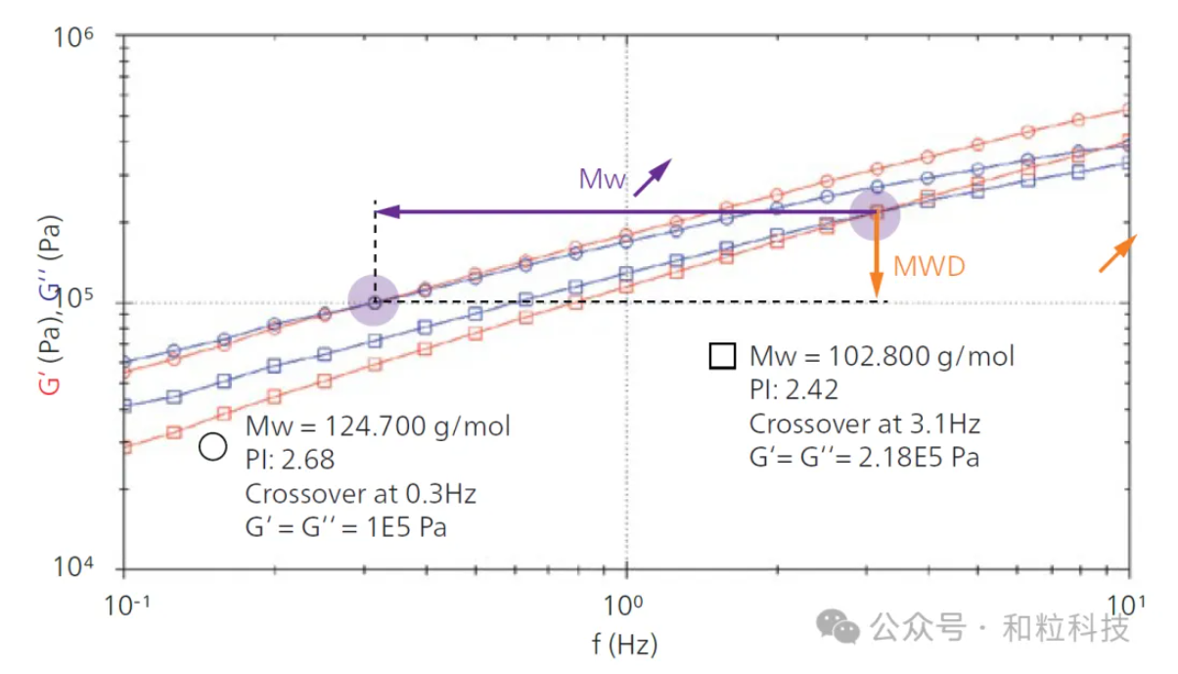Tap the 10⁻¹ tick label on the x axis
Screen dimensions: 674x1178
click(122, 604)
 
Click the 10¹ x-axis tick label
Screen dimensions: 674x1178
click(1128, 604)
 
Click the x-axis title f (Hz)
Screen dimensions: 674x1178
click(624, 645)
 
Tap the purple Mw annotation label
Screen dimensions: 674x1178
click(602, 179)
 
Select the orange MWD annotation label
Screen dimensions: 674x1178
click(930, 266)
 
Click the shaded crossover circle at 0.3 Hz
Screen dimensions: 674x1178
click(374, 301)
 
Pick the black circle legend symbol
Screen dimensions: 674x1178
click(212, 446)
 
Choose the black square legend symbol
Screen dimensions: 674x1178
click(722, 356)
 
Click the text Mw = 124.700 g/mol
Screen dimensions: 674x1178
click(378, 427)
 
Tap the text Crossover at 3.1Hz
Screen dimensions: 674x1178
click(865, 425)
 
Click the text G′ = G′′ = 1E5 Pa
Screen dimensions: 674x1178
click(346, 527)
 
